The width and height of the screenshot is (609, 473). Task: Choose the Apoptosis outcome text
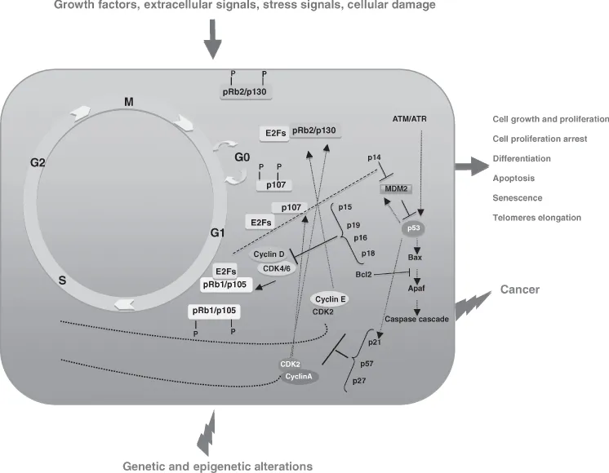click(x=512, y=178)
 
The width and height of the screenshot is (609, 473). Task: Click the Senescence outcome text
click(x=516, y=197)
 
